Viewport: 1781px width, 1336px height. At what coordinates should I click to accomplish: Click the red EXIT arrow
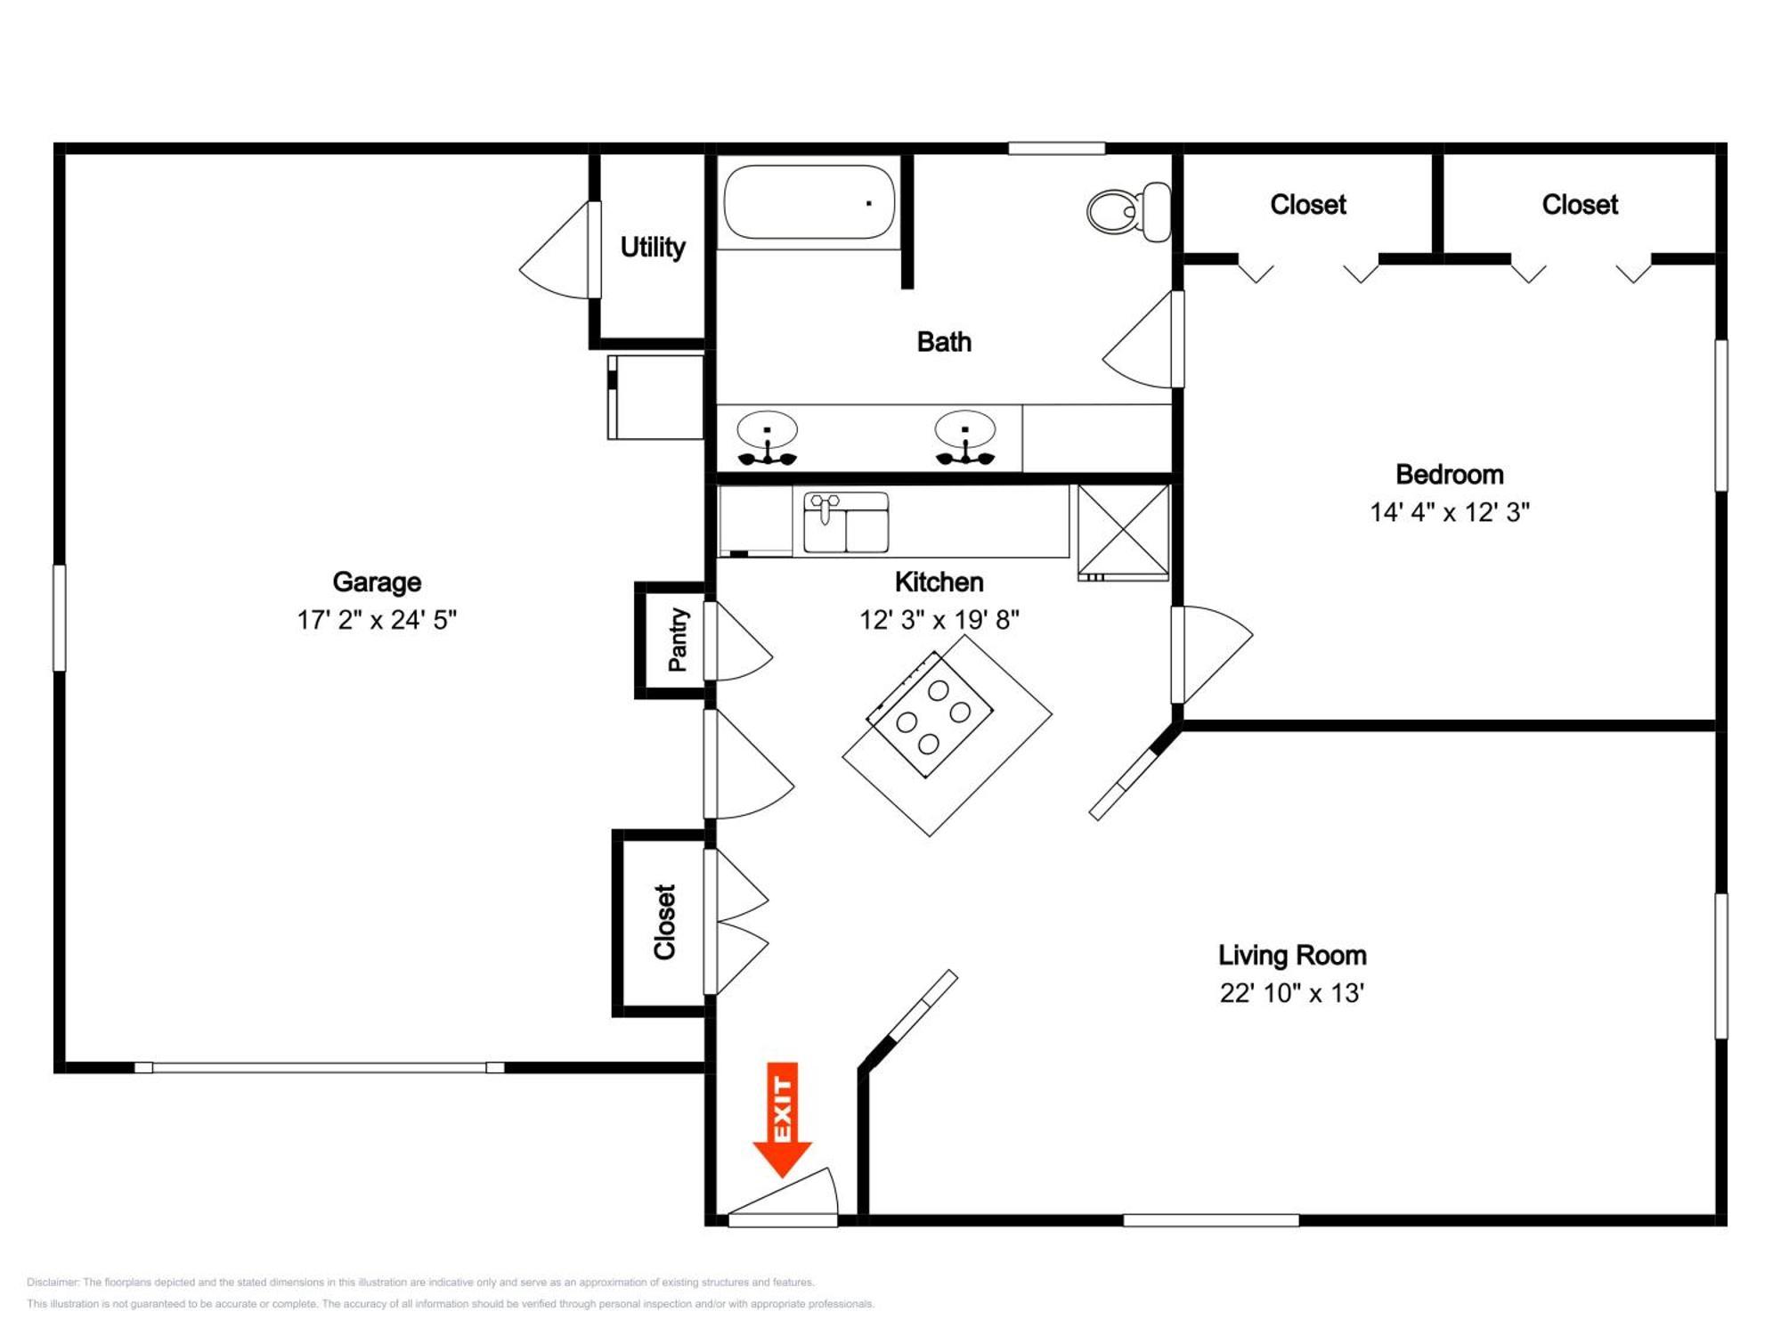[x=782, y=1120]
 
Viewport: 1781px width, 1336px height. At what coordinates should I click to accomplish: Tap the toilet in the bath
[x=1129, y=212]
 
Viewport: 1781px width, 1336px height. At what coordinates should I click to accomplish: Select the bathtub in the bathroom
[x=809, y=202]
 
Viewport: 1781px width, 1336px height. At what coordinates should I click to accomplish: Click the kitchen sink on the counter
[x=846, y=522]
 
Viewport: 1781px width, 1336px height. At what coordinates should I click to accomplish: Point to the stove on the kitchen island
[x=931, y=715]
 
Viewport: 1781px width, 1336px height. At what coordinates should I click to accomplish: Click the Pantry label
[x=678, y=639]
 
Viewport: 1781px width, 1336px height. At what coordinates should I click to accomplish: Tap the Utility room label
[x=653, y=247]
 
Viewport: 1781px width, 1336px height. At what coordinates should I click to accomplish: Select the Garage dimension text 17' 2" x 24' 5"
[x=377, y=619]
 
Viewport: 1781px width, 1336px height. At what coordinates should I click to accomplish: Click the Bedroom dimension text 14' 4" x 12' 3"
[x=1450, y=512]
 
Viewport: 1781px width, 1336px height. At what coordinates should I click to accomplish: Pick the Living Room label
[x=1292, y=955]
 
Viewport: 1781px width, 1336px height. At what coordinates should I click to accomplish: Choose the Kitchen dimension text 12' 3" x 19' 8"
[x=939, y=619]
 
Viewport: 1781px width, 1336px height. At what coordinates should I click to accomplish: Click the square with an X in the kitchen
[x=1124, y=532]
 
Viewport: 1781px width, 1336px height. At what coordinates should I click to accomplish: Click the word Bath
[x=944, y=342]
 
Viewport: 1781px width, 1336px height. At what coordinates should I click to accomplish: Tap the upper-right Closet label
[x=1580, y=205]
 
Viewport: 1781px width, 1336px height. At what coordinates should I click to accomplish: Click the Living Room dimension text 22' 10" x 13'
[x=1292, y=992]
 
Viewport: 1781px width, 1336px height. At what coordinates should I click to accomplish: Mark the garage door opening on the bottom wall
[x=320, y=1067]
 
